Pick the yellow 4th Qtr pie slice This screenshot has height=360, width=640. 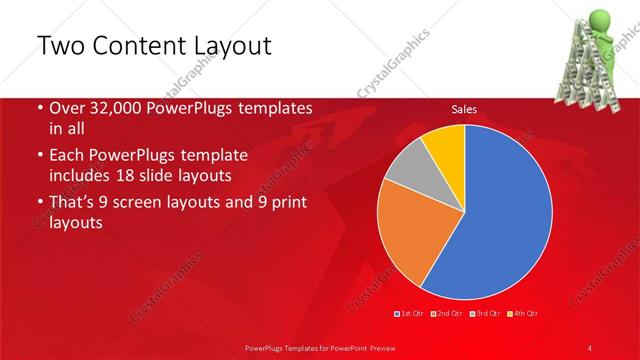click(x=444, y=145)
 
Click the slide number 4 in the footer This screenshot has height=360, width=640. click(x=591, y=347)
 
